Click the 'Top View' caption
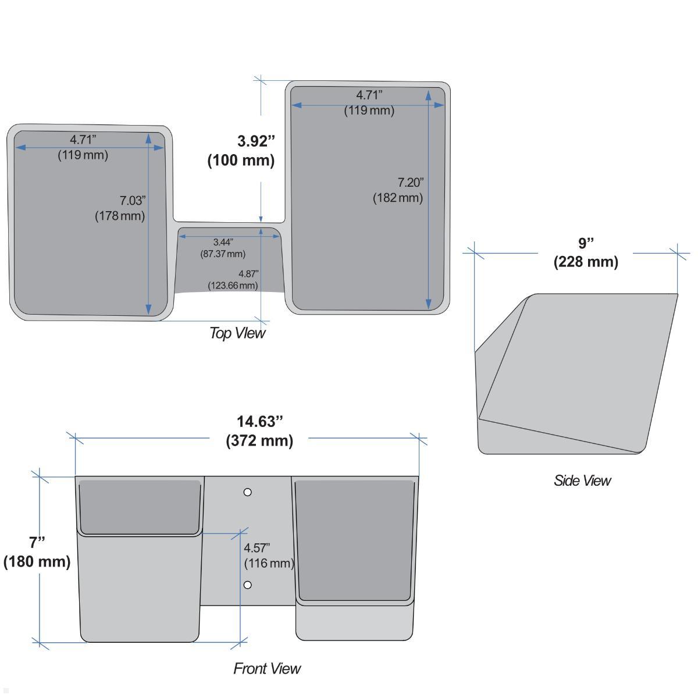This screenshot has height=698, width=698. point(238,333)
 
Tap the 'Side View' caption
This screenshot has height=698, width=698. point(582,480)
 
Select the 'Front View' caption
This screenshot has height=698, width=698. point(267,669)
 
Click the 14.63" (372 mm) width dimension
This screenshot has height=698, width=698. point(259,432)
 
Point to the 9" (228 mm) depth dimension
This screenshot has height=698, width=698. point(586,252)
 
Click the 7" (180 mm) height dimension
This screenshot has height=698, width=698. point(37,552)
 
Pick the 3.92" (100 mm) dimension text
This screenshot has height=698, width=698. point(241,151)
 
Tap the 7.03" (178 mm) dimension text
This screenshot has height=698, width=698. point(120,208)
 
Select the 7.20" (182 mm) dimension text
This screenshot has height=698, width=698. point(398,190)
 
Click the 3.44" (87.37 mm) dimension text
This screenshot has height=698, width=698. point(223,248)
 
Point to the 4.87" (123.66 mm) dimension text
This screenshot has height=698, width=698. point(233,280)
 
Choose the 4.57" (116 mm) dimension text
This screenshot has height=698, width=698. point(268,555)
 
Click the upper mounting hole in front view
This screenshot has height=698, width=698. point(247,492)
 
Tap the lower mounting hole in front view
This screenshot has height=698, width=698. point(247,585)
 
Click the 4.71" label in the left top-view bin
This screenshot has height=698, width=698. point(83,140)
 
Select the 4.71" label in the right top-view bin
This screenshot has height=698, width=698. point(369,95)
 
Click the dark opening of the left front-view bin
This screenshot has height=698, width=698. point(140,507)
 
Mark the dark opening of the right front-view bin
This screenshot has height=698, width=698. point(355,540)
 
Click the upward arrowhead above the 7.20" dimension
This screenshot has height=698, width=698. point(429,95)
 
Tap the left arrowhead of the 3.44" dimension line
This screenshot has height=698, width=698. point(183,237)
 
